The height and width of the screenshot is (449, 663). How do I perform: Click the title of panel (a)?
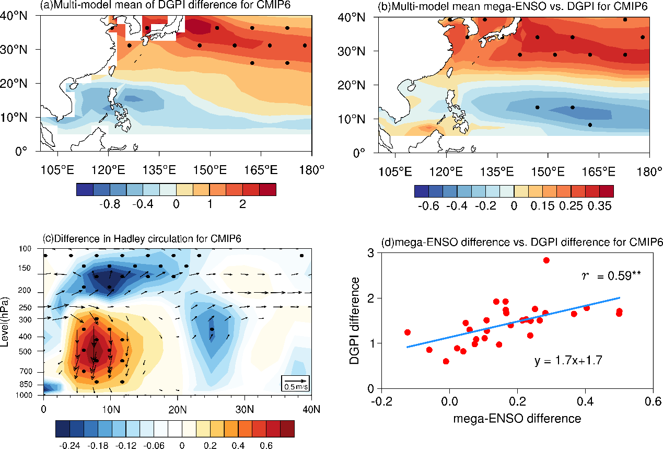coord(165,5)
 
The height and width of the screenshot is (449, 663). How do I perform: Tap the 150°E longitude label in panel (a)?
coord(210,170)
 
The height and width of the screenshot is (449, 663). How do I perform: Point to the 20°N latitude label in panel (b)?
coord(352,86)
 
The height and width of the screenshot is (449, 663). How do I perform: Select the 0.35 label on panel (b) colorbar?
coord(600,206)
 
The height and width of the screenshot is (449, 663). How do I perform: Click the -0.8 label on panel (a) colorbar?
coord(110,204)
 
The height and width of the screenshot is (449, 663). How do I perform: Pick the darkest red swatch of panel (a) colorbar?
coord(268,190)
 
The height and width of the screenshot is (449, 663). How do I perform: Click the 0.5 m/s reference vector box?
coord(295,384)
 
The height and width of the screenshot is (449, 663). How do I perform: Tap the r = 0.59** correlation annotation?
coord(611,276)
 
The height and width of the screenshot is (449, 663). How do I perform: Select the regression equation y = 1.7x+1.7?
coord(568,361)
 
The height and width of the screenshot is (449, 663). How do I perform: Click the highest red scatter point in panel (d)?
coord(546,260)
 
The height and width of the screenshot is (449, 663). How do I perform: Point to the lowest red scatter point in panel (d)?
coord(446,361)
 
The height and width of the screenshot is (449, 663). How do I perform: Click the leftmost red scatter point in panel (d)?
coord(408,332)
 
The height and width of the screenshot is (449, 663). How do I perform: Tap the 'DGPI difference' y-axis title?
coord(354,321)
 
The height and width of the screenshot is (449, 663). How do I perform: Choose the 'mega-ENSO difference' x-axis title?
coord(517,419)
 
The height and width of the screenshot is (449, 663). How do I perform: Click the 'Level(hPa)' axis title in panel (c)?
coord(5,322)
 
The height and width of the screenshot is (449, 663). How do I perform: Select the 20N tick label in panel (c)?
coord(178,410)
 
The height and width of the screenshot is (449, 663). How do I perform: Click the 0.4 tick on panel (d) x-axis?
coord(585,401)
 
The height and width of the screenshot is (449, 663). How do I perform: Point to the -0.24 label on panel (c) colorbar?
coord(70,445)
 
